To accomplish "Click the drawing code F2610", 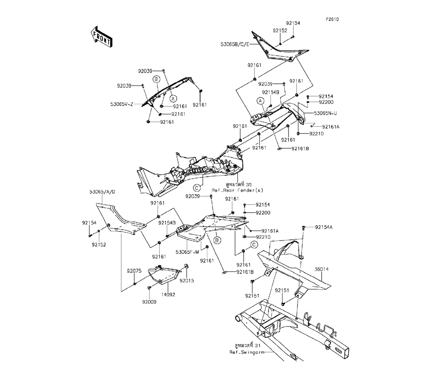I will point(332,20).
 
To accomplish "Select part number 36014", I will point(321,269).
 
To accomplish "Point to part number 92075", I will point(134,271).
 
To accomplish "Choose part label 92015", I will point(187,280).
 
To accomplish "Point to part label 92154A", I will point(324,227).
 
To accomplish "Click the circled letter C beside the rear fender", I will point(197,187).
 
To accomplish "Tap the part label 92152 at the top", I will point(279,31).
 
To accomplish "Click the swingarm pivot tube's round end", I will point(237,320).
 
